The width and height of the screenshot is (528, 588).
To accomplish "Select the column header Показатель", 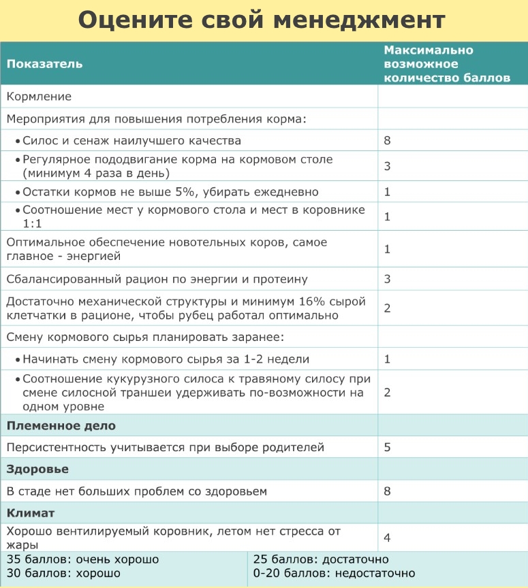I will (x=44, y=64).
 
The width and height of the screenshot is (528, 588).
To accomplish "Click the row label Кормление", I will (x=39, y=97).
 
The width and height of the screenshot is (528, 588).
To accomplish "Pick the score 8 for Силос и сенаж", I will (x=387, y=141).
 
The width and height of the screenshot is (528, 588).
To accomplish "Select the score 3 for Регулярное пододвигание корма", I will (x=387, y=166).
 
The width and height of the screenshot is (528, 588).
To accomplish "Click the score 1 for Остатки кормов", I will (x=387, y=192).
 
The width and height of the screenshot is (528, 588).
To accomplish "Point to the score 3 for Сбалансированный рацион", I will (x=387, y=279).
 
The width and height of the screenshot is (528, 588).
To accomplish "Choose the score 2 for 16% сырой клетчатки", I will (x=387, y=308).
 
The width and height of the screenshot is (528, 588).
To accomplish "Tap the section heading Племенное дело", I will (x=61, y=426).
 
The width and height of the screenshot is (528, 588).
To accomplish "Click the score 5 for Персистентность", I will (x=387, y=448).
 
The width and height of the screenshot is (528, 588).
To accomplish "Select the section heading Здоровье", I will (x=37, y=470).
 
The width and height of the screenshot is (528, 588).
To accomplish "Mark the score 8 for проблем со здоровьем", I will (x=387, y=491).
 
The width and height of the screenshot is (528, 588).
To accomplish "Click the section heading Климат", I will (x=31, y=512).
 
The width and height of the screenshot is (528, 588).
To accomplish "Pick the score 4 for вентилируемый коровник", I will (x=387, y=538).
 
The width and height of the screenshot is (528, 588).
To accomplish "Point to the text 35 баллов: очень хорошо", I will (x=82, y=559).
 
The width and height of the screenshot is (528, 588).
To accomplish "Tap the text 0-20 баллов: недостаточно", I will (x=334, y=573).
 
